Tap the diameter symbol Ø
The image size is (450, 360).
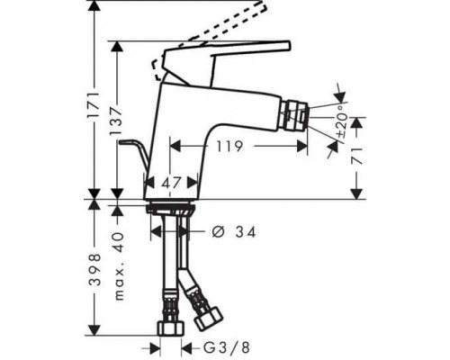pyautogui.click(x=217, y=232)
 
